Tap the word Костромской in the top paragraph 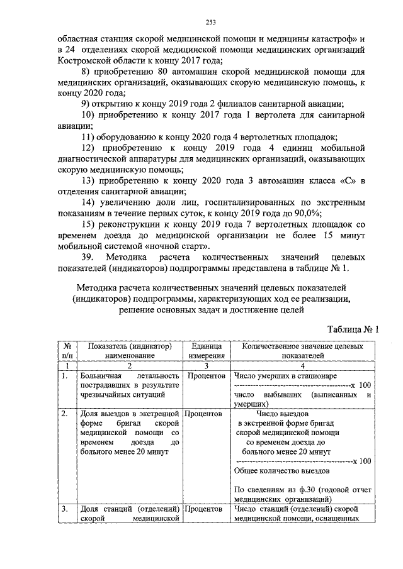pyautogui.click(x=82, y=61)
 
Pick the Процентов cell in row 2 pyautogui.click(x=205, y=414)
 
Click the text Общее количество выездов pyautogui.click(x=281, y=470)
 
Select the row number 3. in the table pyautogui.click(x=64, y=509)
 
